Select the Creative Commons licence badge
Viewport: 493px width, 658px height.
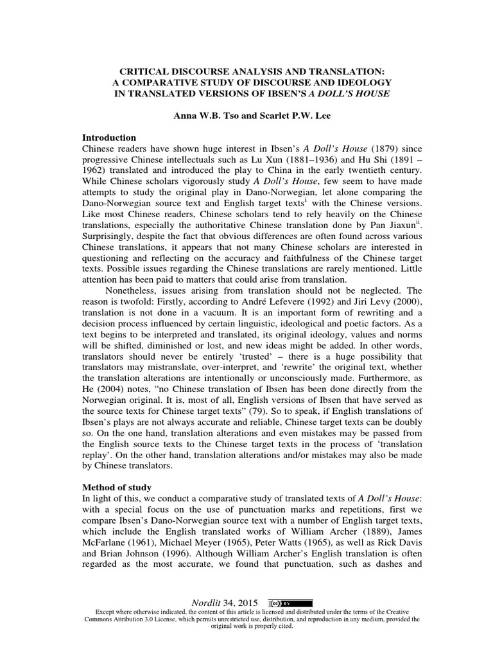(x=291, y=603)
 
